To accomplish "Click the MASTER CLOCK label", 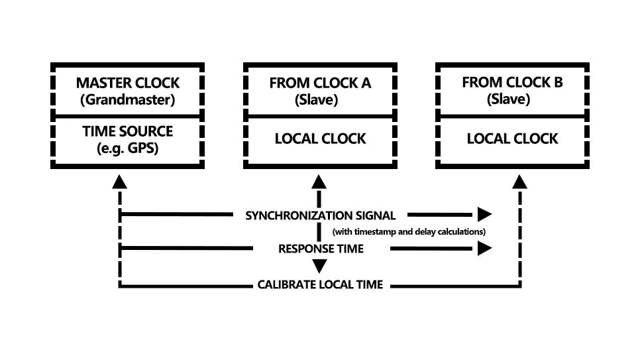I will [x=127, y=84].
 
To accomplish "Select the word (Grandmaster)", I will [x=127, y=100].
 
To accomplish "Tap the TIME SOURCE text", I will [x=127, y=131].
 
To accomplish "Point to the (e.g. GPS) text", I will [x=127, y=148].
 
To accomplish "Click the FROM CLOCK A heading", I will [x=320, y=84].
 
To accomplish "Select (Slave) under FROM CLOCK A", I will [x=320, y=100].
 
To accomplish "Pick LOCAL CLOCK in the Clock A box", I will [x=320, y=139].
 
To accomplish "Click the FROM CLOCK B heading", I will [x=512, y=84].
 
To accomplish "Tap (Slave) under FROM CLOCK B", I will [x=512, y=100].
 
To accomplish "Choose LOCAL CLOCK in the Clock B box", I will [x=512, y=139].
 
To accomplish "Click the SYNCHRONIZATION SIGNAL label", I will [x=320, y=215].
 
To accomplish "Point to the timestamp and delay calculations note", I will [x=409, y=232].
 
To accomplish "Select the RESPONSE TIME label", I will [x=320, y=249].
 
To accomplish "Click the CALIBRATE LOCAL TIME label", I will [x=320, y=285].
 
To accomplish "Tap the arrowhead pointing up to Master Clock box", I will [x=119, y=181].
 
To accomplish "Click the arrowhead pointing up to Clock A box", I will [x=320, y=181].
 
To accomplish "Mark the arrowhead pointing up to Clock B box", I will [x=521, y=181].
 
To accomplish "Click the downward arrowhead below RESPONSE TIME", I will [x=320, y=267].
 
